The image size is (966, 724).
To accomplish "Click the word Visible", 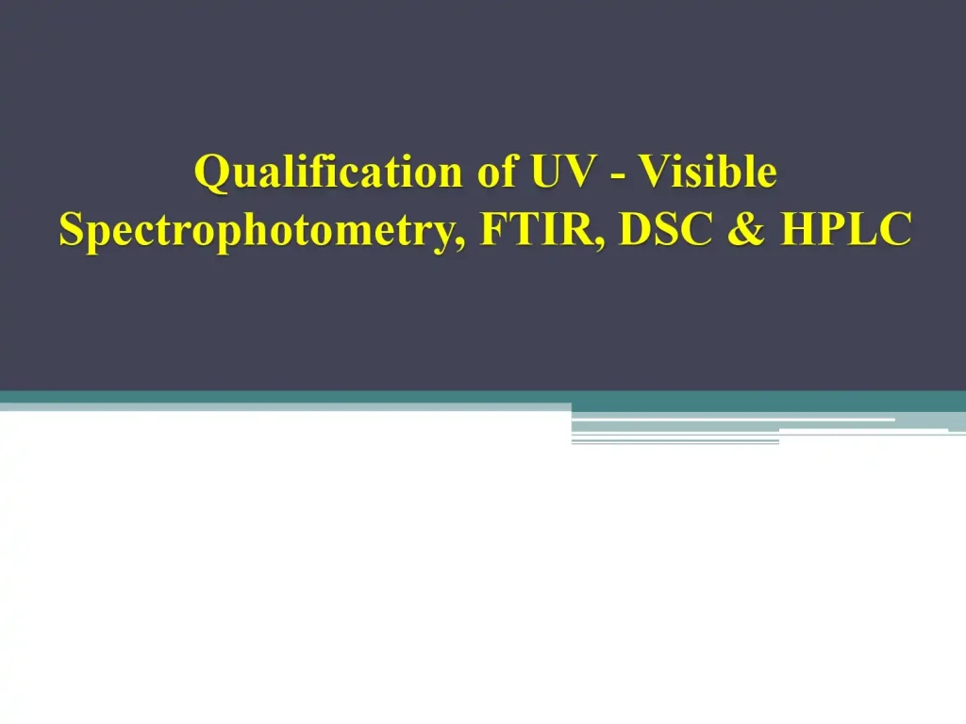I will (x=707, y=173).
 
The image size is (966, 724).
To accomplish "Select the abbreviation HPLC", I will (x=845, y=229).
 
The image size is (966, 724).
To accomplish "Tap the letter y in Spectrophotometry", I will (x=447, y=235).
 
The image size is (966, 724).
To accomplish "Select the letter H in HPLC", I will (x=799, y=229).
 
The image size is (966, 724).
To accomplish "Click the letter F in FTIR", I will (x=493, y=229).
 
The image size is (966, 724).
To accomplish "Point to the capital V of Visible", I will (x=651, y=173).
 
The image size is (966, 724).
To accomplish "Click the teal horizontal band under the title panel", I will (x=283, y=397).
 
